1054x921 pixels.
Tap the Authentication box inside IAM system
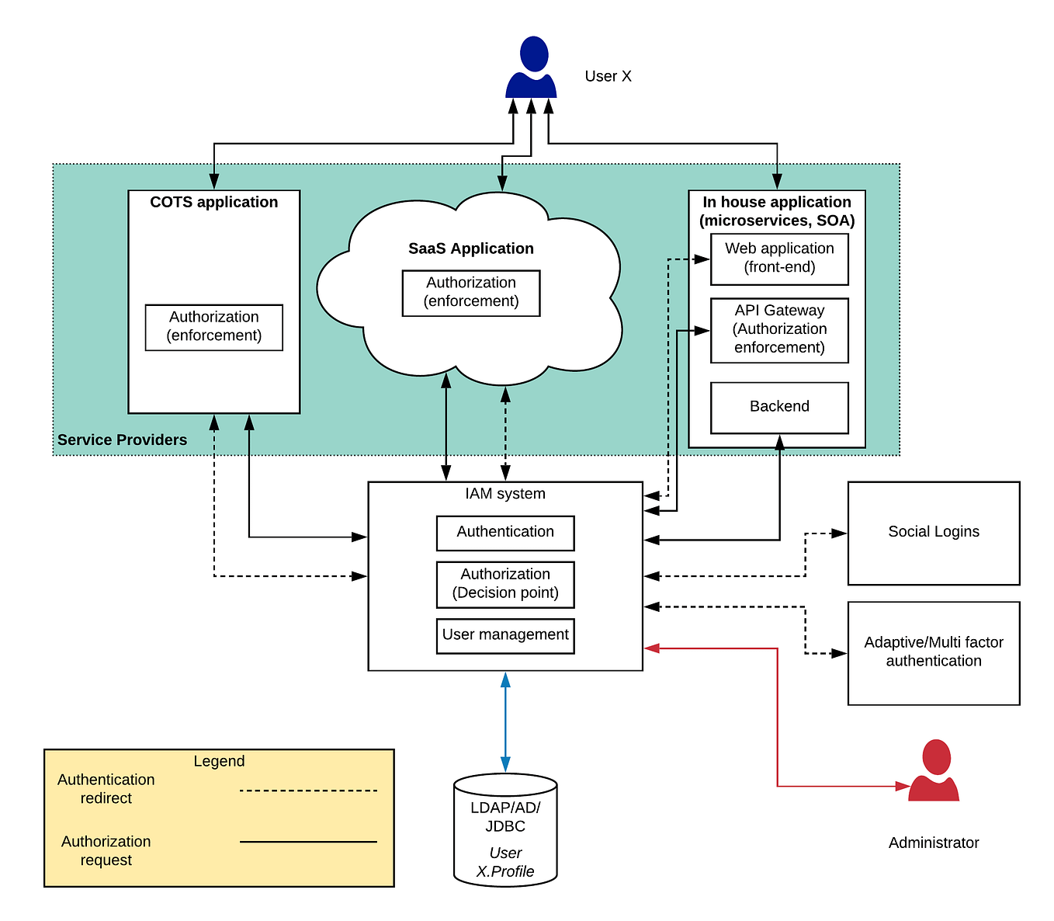tap(505, 533)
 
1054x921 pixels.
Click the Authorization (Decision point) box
tap(505, 584)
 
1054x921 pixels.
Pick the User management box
tap(505, 635)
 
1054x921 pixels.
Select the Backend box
tap(779, 407)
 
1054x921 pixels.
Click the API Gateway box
tap(779, 330)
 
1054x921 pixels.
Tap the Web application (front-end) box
tap(779, 259)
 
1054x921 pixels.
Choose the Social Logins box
tap(934, 533)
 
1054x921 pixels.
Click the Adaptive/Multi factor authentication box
tap(934, 652)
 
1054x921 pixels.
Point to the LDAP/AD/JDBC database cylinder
tap(505, 829)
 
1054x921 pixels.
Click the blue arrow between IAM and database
tap(505, 722)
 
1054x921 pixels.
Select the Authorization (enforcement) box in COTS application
tap(214, 327)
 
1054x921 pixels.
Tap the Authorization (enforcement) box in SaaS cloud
tap(471, 293)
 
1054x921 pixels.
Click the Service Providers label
tap(123, 440)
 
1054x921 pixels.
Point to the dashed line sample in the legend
tap(308, 791)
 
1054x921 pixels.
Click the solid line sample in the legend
tap(308, 841)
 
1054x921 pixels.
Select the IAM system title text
tap(505, 494)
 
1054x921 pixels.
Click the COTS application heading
tap(214, 203)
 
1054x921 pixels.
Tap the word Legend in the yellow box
tap(219, 761)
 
